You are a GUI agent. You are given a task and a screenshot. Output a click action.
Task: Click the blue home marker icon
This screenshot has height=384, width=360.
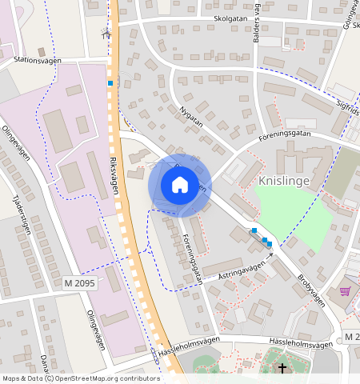click(x=179, y=185)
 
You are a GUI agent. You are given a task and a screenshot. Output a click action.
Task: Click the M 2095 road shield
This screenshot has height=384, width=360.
click(x=78, y=283)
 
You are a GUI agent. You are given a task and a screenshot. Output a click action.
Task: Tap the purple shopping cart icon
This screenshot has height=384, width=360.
click(x=346, y=292)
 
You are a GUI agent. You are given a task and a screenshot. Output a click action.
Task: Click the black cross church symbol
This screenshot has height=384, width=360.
click(x=282, y=368)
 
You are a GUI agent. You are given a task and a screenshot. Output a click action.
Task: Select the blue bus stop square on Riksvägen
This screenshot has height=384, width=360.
click(x=110, y=82)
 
